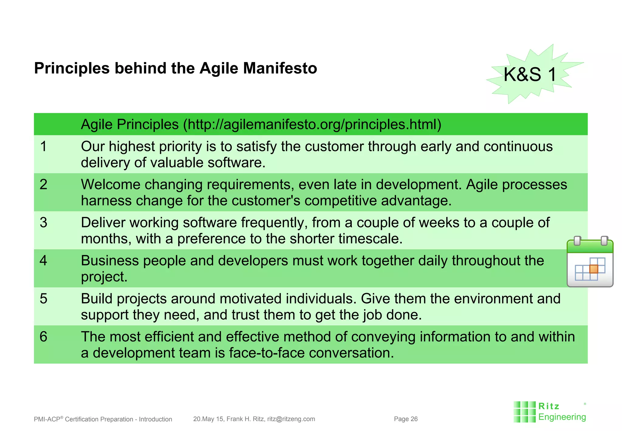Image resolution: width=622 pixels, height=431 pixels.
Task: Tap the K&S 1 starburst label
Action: [530, 74]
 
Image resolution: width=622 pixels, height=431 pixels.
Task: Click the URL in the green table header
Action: [313, 124]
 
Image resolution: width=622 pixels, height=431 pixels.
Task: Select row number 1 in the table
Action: [43, 147]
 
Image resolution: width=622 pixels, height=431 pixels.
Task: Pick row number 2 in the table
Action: [43, 184]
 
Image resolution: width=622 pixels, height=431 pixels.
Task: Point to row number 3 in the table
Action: [43, 222]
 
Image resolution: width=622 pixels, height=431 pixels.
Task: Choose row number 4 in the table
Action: [43, 260]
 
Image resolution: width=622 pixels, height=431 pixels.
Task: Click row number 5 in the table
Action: [43, 298]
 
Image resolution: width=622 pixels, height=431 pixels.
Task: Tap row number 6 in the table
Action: [43, 337]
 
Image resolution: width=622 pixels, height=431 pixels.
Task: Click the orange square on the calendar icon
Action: [593, 269]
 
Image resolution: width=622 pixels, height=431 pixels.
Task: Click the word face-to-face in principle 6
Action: [267, 353]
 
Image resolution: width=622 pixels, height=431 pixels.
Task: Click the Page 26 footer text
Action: [405, 419]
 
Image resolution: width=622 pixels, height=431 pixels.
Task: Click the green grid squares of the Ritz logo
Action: [524, 412]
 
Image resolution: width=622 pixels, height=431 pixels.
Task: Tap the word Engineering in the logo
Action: [562, 417]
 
